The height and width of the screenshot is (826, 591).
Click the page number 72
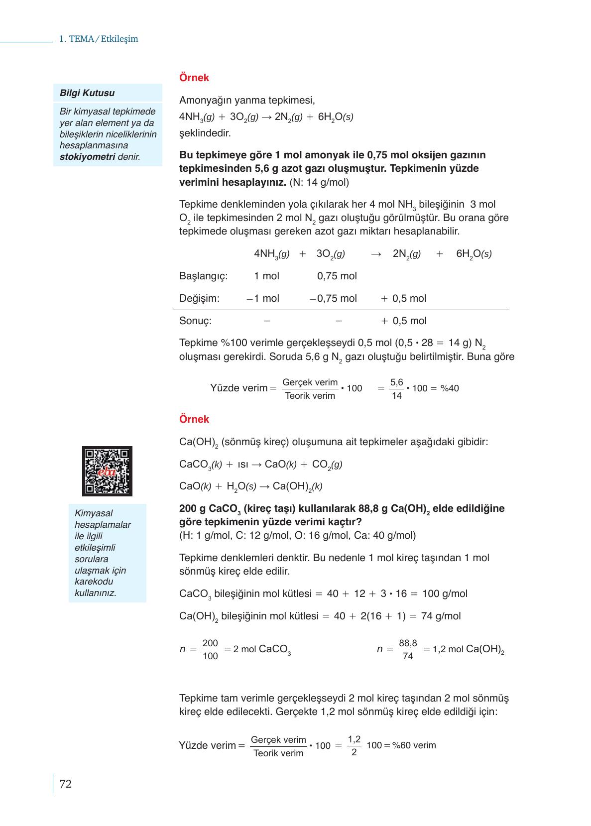pyautogui.click(x=66, y=784)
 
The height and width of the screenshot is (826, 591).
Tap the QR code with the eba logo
pyautogui.click(x=107, y=471)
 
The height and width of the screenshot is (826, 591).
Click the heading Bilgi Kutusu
pyautogui.click(x=87, y=93)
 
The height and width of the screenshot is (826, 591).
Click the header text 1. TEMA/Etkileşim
pyautogui.click(x=98, y=39)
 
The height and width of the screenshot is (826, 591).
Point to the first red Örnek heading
pyautogui.click(x=194, y=78)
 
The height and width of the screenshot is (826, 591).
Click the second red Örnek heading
pyautogui.click(x=194, y=419)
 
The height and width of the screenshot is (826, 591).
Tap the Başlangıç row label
pyautogui.click(x=203, y=276)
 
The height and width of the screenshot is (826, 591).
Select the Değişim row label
pyautogui.click(x=199, y=299)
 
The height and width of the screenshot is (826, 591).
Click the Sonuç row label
pyautogui.click(x=195, y=321)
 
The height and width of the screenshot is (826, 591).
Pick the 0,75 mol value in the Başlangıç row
pyautogui.click(x=337, y=276)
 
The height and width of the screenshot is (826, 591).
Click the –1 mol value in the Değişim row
pyautogui.click(x=263, y=299)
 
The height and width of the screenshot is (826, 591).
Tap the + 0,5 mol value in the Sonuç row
pyautogui.click(x=404, y=321)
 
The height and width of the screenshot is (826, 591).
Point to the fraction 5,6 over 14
pyautogui.click(x=397, y=389)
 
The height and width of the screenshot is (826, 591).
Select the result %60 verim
pyautogui.click(x=414, y=745)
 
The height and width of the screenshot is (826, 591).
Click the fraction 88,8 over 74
pyautogui.click(x=408, y=650)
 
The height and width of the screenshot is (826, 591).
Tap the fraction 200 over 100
pyautogui.click(x=210, y=650)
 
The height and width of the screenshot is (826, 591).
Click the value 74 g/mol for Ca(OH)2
pyautogui.click(x=441, y=616)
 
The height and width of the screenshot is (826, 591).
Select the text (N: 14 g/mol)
pyautogui.click(x=319, y=183)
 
